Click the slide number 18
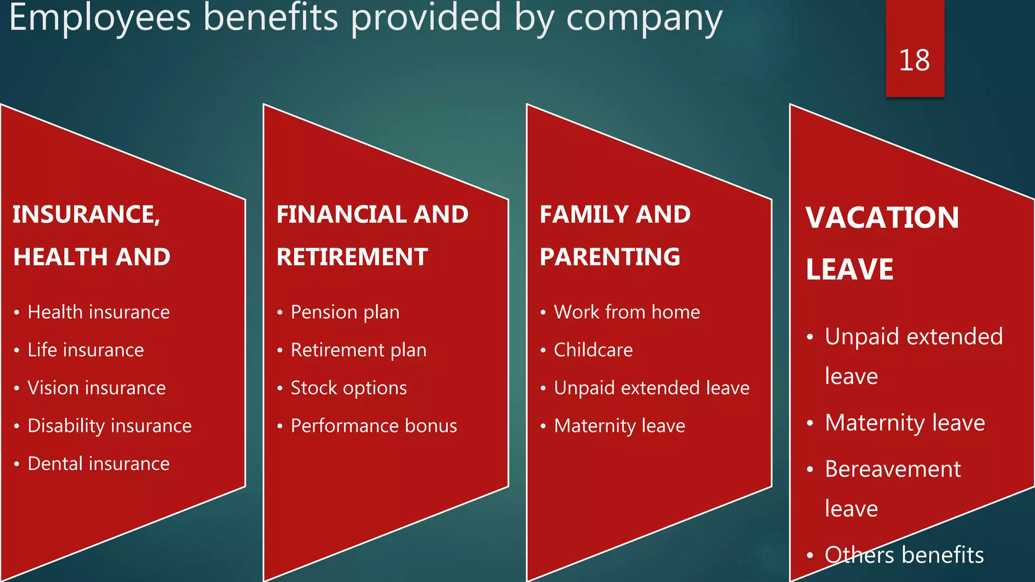click(914, 61)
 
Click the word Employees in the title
click(100, 18)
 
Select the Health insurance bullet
click(99, 312)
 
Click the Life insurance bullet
click(85, 350)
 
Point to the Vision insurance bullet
click(97, 388)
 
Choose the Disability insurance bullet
click(109, 426)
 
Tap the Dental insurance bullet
click(99, 464)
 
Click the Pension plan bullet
click(345, 312)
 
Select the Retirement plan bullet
click(358, 350)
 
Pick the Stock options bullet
click(348, 388)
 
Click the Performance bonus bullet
click(373, 426)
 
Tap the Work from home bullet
click(627, 312)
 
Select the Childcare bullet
click(593, 350)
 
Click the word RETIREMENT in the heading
click(352, 257)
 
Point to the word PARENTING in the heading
click(609, 257)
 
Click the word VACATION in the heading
click(882, 218)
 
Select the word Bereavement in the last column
click(892, 469)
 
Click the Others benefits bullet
click(904, 555)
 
